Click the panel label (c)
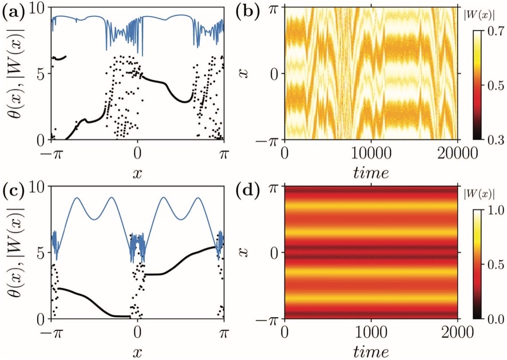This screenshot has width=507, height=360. coord(13,190)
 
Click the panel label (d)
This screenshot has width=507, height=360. coord(249,190)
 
